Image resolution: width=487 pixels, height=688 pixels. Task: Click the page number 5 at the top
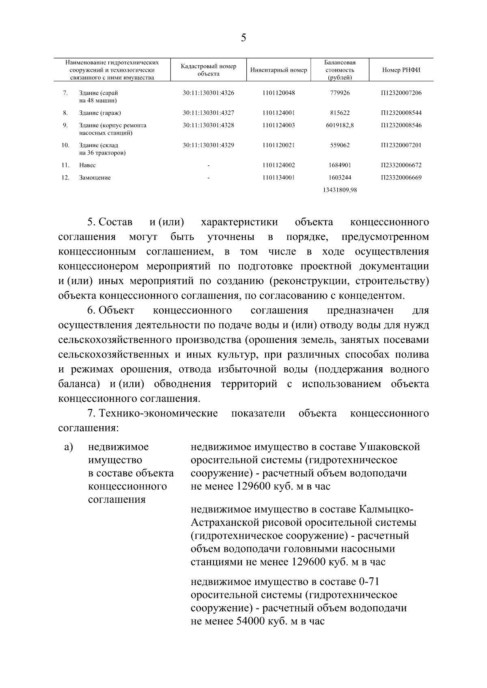pos(243,38)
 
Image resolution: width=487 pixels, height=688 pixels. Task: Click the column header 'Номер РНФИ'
pos(401,70)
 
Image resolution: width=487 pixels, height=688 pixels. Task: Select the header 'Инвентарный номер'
pos(278,70)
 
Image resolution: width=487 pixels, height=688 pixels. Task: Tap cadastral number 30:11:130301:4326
pos(208,93)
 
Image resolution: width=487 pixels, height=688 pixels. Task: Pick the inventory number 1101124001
pos(278,113)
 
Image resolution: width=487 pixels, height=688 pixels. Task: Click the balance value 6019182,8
pos(340,125)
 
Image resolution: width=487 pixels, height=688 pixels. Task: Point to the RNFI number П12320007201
pos(401,145)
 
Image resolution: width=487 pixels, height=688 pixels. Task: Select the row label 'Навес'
pos(87,165)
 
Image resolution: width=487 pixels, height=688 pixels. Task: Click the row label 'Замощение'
pos(95,178)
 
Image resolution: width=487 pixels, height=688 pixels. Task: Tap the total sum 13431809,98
pos(340,190)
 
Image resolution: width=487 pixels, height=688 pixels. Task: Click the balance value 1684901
pos(340,165)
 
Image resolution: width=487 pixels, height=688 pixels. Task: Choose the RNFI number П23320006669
pos(401,178)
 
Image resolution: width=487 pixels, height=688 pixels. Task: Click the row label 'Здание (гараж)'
pos(100,113)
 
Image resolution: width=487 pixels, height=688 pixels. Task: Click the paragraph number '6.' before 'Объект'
pos(91,311)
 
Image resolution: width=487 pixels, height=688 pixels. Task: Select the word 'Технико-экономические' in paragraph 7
pos(158,414)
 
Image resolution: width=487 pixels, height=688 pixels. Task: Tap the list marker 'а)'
pos(68,447)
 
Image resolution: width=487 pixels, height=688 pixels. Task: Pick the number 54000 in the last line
pos(250,621)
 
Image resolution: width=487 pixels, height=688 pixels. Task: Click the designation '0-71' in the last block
pos(369,582)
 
